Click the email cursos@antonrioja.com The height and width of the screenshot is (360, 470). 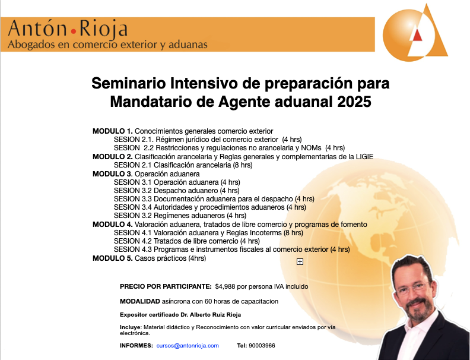(x=188, y=346)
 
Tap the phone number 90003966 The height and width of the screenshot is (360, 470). (x=262, y=346)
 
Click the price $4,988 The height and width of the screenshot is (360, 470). (x=225, y=286)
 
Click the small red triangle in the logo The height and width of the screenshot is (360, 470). (x=417, y=35)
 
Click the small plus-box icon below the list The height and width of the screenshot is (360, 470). (x=300, y=262)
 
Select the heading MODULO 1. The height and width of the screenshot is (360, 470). (x=112, y=131)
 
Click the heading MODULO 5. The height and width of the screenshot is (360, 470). (x=112, y=258)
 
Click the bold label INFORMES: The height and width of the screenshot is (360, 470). (x=136, y=346)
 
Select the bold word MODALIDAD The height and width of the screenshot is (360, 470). (x=140, y=302)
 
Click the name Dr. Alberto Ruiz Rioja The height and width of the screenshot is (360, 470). (x=211, y=315)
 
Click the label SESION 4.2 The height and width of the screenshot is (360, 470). (x=132, y=241)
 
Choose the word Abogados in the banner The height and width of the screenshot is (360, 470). (x=31, y=45)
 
